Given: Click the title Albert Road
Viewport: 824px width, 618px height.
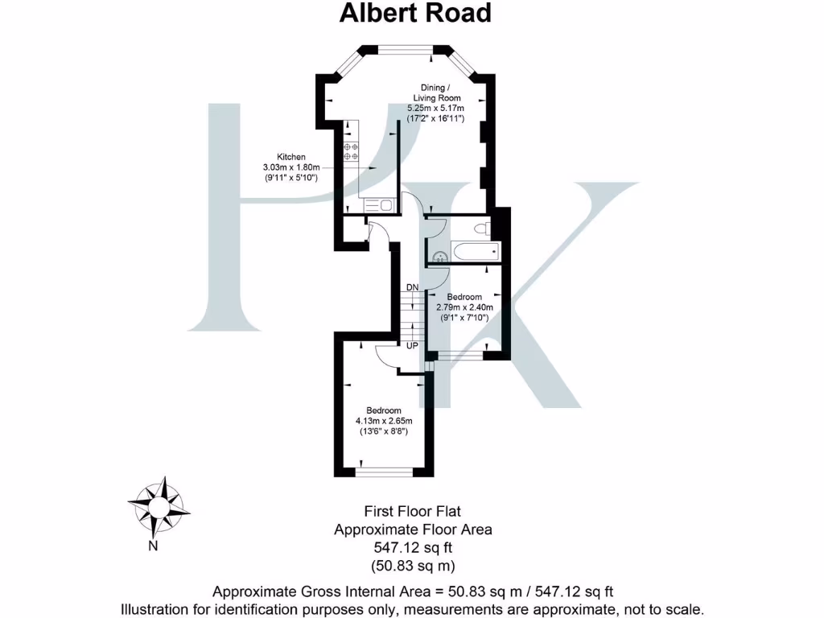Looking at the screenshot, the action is (414, 14).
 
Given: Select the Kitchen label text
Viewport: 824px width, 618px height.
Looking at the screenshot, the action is (290, 157).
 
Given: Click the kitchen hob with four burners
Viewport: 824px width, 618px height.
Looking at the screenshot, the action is (351, 151).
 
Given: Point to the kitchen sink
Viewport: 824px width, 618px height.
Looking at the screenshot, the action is (385, 205).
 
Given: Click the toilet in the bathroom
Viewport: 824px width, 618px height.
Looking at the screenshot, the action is (483, 229).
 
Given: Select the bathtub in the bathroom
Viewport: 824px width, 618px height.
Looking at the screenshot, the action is (475, 251).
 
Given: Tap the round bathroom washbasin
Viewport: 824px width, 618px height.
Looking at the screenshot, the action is (439, 257).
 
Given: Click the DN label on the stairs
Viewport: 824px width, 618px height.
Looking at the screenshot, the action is (412, 287).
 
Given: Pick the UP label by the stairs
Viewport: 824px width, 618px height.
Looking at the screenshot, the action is (411, 345).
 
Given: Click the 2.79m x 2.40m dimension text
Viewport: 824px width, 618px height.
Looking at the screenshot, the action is (464, 307).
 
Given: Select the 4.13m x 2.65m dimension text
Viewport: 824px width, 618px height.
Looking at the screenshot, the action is (383, 421).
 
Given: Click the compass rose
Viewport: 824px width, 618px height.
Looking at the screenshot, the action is (159, 505).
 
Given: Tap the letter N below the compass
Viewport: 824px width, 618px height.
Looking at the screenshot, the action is (151, 546).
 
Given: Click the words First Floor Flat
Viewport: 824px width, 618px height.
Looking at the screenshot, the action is (412, 511).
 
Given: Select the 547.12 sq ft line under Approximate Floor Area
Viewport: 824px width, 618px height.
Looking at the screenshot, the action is (412, 548).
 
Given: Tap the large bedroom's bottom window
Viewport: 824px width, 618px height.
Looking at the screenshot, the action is (383, 472).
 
